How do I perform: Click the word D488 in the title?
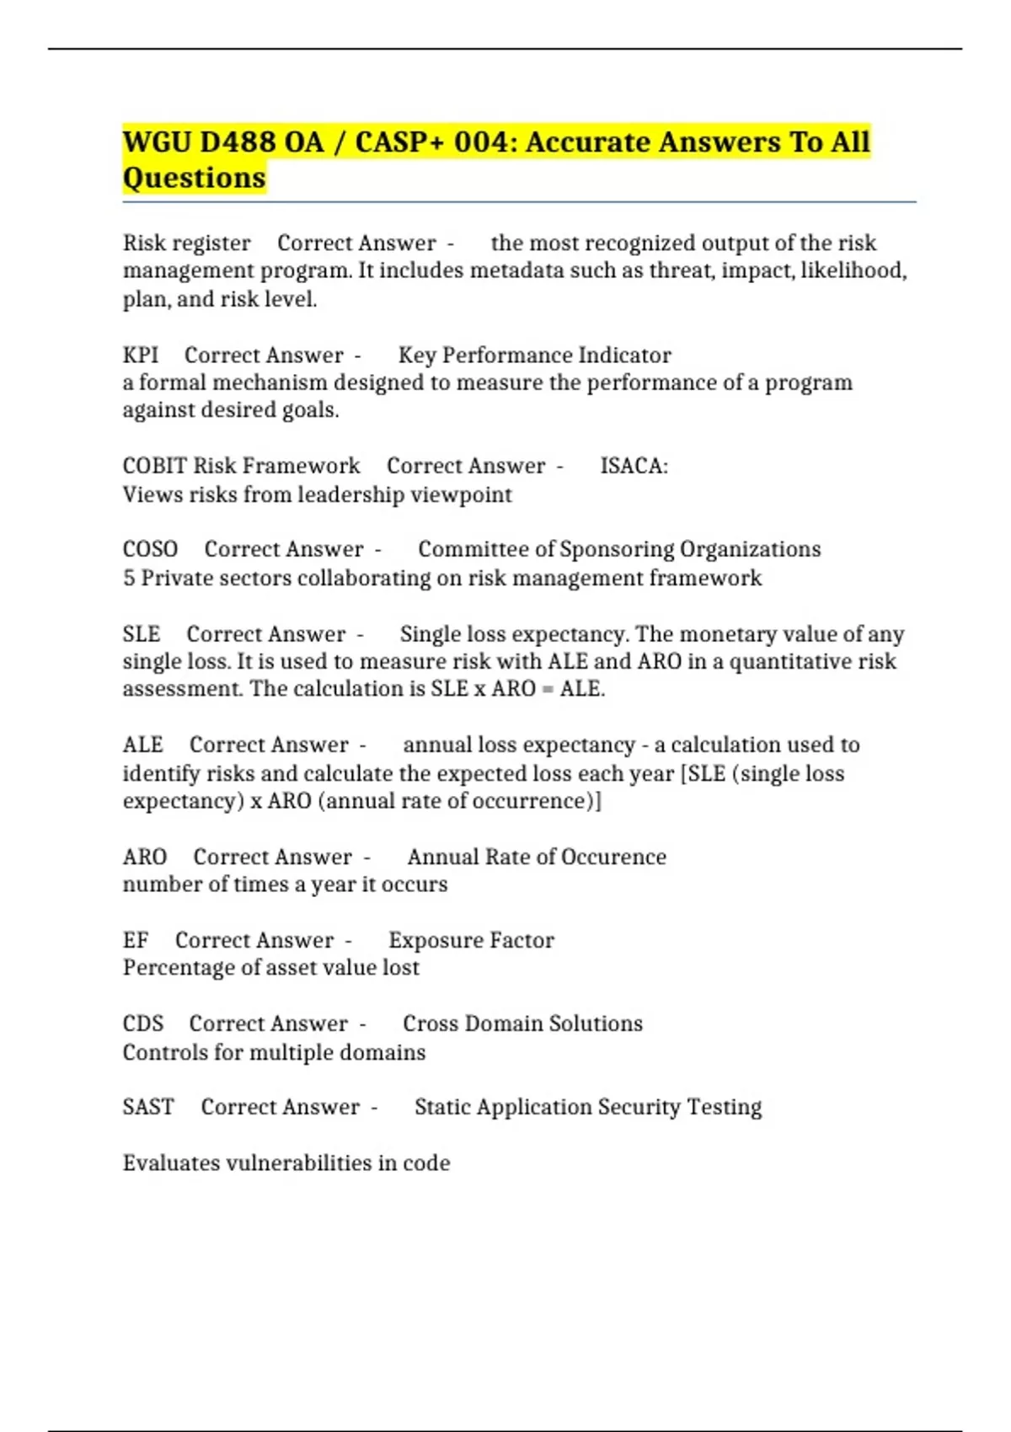(x=238, y=142)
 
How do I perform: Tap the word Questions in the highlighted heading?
(x=194, y=179)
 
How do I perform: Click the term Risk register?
(x=186, y=243)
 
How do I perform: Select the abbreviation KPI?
(x=140, y=355)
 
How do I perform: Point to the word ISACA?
(x=634, y=466)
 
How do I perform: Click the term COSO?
(x=150, y=549)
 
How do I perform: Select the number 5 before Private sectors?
(x=128, y=578)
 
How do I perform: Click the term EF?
(x=135, y=940)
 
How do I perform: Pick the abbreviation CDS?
(x=142, y=1023)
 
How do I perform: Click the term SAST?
(x=148, y=1107)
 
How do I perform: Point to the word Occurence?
(x=613, y=857)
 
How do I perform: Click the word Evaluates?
(x=172, y=1163)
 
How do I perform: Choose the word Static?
(x=441, y=1107)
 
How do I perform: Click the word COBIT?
(x=154, y=466)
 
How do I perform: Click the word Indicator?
(x=624, y=355)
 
